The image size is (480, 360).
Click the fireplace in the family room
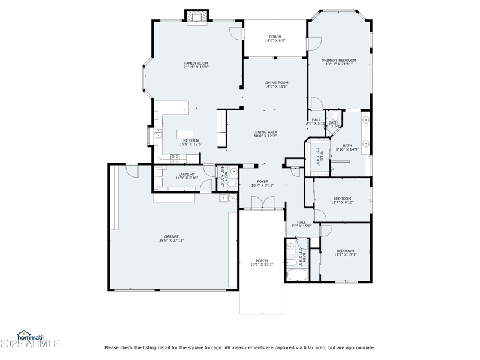coord(196,17)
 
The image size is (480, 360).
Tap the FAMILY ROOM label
coord(196,63)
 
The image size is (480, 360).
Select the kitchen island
coord(186,134)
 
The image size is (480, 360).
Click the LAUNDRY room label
coord(187,174)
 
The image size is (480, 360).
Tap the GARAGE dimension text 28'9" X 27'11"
coord(172,241)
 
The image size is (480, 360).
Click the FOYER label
coord(262,181)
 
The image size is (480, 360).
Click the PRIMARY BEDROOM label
coord(338,60)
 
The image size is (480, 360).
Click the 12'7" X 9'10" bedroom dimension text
coord(342,203)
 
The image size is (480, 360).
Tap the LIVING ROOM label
coord(277,82)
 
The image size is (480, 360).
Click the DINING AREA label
coord(265,132)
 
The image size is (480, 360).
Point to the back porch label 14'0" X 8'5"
coord(275,41)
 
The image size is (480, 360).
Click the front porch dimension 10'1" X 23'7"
coord(262,265)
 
